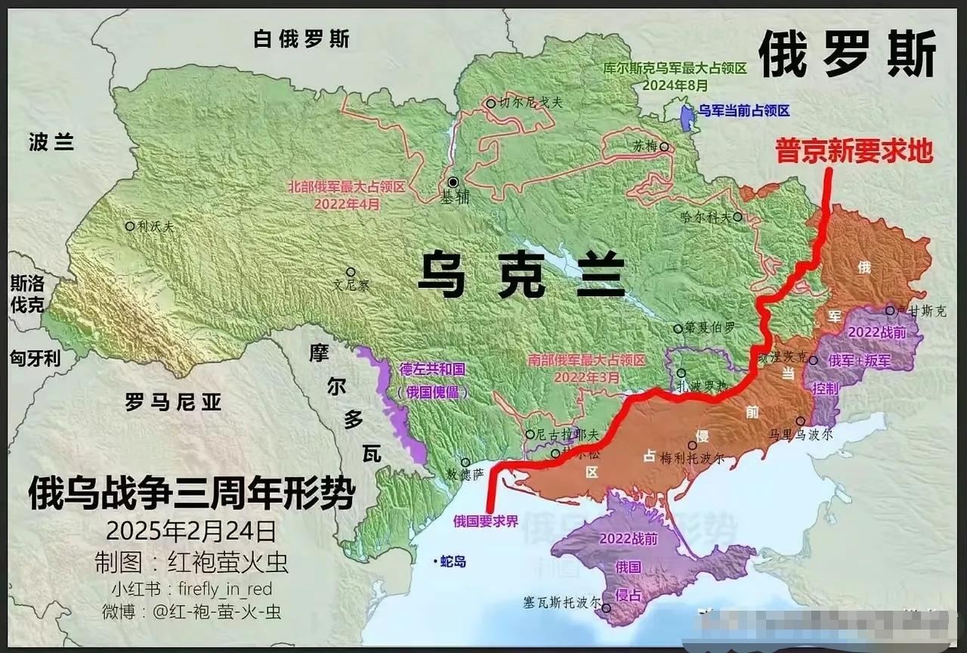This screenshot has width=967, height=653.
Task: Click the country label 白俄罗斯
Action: (x=301, y=39)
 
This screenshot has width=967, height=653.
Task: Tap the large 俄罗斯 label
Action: (x=847, y=55)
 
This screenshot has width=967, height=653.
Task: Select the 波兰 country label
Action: (x=51, y=141)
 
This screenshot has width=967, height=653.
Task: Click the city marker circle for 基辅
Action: (x=453, y=182)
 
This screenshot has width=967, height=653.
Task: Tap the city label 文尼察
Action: (x=351, y=286)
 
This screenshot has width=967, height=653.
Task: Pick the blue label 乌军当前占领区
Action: (x=743, y=111)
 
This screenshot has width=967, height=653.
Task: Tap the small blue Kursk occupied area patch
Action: (x=686, y=117)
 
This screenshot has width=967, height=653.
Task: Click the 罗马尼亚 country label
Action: (x=174, y=402)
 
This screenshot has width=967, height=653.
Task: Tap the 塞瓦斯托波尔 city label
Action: (x=563, y=604)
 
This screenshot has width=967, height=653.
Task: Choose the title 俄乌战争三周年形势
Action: (x=191, y=495)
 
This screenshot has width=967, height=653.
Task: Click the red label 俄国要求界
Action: (x=486, y=520)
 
